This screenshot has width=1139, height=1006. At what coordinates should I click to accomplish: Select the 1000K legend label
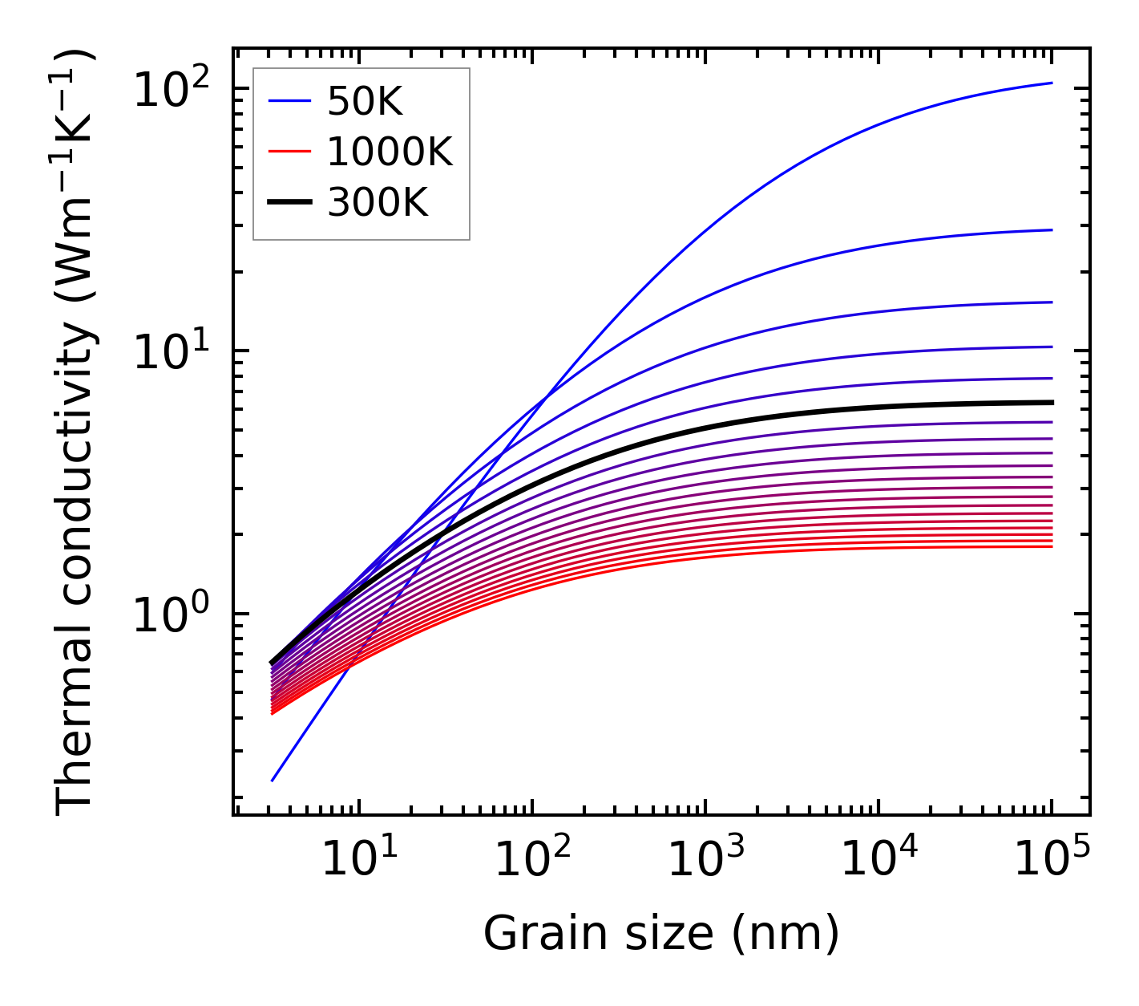point(390,152)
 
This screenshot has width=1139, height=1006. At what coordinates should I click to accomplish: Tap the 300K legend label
point(378,203)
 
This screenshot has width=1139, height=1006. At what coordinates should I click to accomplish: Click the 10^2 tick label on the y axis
point(171,88)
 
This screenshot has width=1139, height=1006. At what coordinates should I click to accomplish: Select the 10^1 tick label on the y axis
point(171,351)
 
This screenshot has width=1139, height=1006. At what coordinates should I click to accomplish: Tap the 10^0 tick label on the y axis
point(171,615)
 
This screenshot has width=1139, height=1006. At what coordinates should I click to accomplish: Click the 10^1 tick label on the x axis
point(358,860)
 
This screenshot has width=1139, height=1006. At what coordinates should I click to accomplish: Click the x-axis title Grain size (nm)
point(661,934)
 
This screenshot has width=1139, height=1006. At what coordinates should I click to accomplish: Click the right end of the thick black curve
point(1052,403)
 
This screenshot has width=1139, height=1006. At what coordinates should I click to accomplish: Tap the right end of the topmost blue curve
point(1052,83)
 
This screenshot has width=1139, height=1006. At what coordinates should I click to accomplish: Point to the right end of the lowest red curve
point(1052,546)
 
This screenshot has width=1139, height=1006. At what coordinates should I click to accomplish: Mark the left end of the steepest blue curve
point(273,781)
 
